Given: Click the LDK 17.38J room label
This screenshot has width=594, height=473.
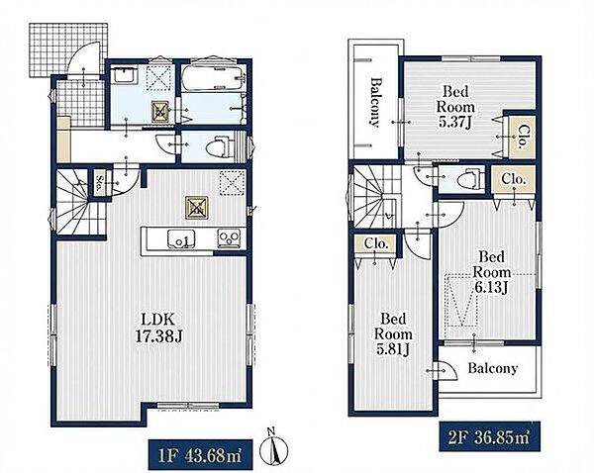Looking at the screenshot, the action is (x=159, y=328).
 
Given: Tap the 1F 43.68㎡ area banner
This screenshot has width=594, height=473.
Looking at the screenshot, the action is (x=200, y=455).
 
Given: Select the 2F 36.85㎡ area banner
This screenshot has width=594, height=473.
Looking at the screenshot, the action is (x=489, y=437).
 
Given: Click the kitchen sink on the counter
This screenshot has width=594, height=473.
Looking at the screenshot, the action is (x=181, y=239).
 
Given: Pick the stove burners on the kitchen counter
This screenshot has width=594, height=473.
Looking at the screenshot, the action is (x=229, y=238).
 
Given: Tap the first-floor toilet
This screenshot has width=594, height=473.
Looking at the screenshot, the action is (x=221, y=146).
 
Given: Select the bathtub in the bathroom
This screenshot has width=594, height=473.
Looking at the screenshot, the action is (x=213, y=77).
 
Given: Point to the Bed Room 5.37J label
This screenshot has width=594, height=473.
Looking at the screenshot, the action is (x=455, y=107).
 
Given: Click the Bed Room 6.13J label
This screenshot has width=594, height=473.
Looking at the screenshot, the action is (x=492, y=272).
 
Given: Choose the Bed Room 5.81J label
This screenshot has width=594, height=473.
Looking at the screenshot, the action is (x=393, y=334).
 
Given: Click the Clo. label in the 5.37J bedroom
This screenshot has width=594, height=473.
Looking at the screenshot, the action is (x=523, y=138).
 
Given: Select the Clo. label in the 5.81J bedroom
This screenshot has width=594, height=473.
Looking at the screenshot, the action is (x=376, y=243).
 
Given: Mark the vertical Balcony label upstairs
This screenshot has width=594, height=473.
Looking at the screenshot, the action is (x=375, y=102).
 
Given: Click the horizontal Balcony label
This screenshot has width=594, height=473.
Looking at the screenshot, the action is (x=492, y=368).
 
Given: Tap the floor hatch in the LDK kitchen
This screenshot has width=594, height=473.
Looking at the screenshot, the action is (x=196, y=208).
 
